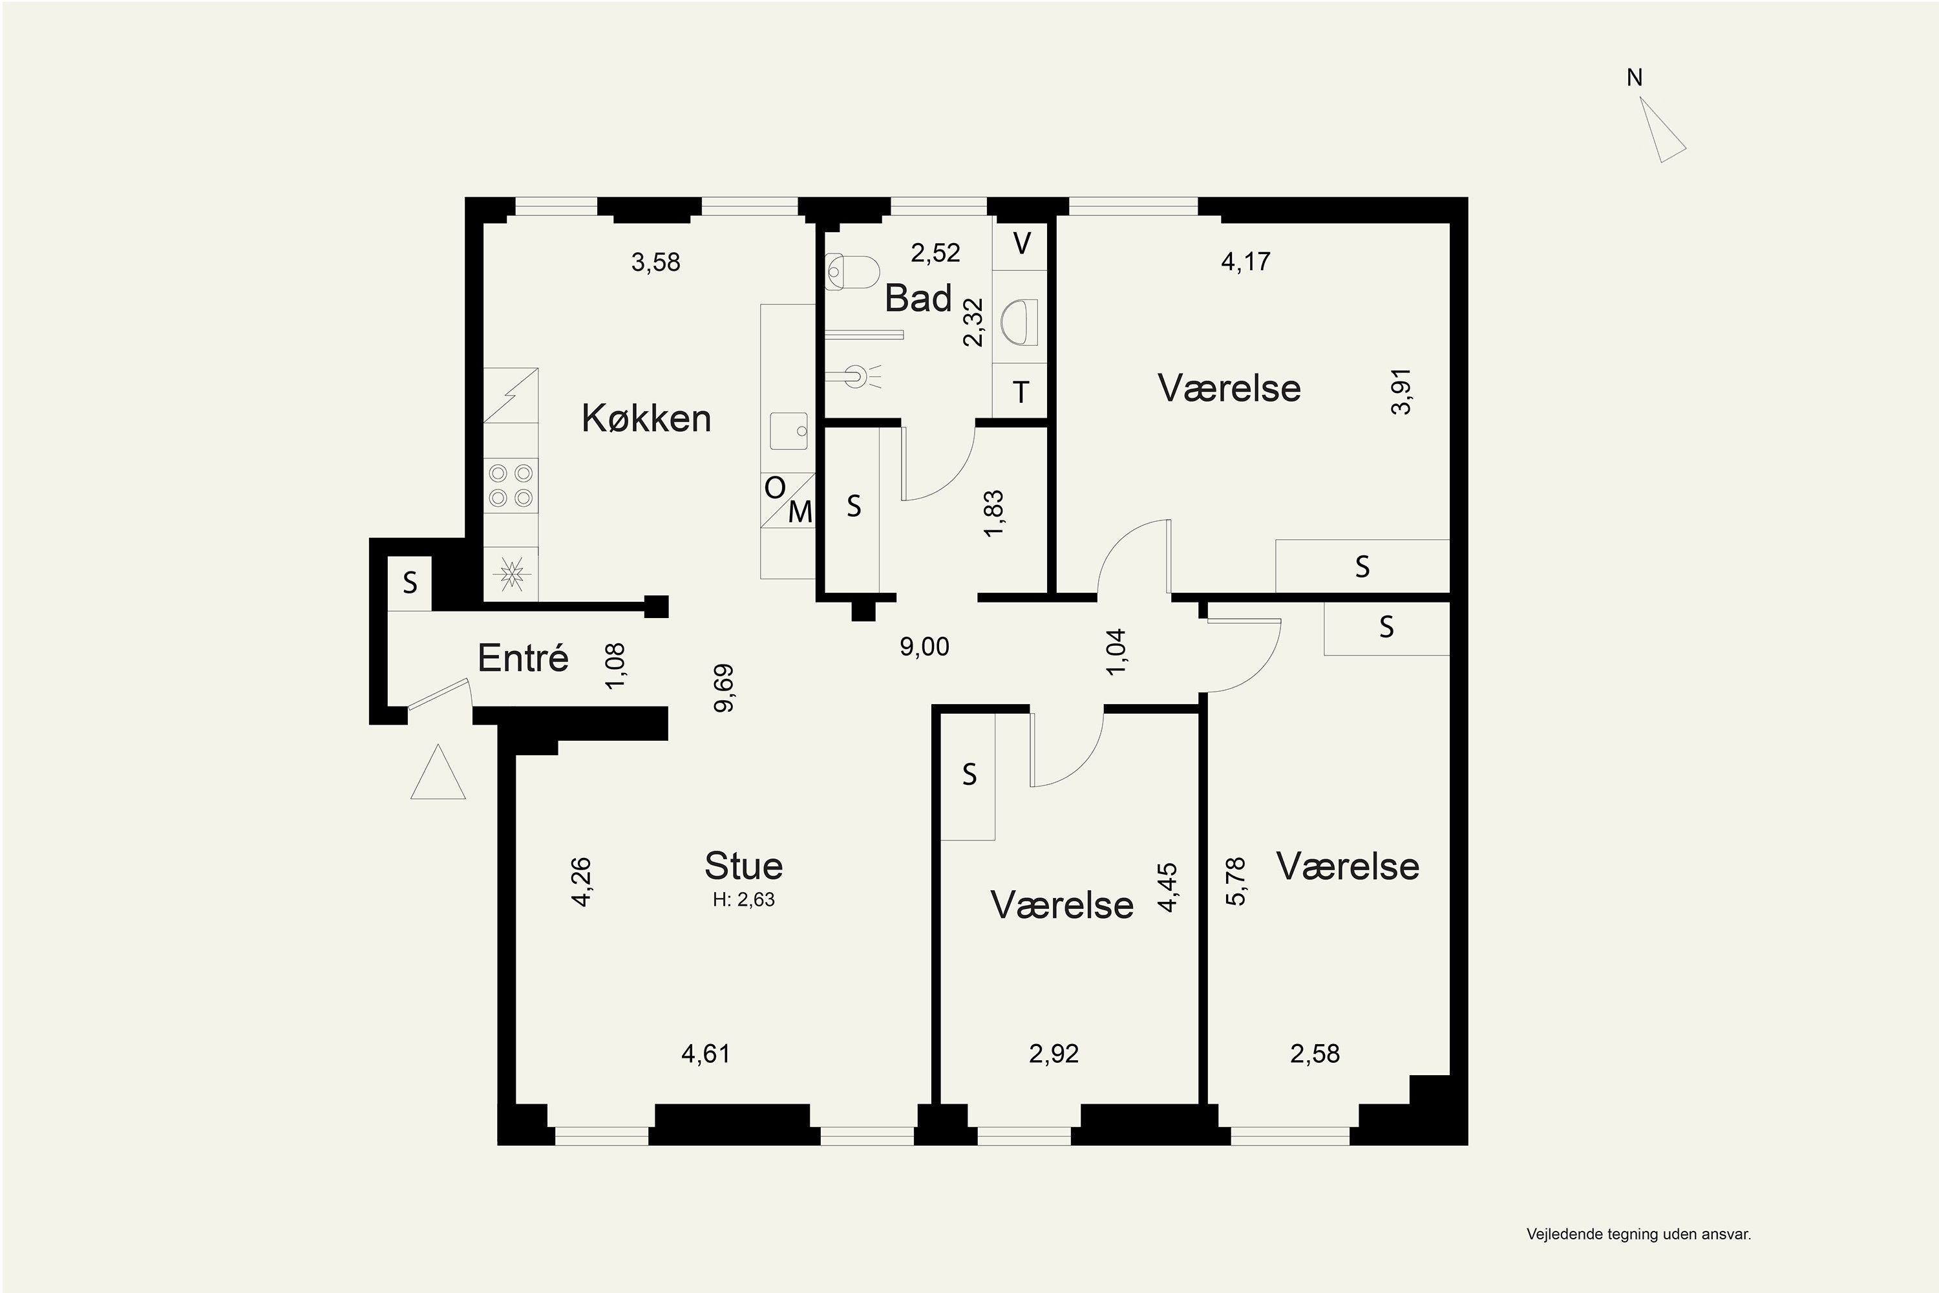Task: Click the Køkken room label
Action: click(x=646, y=418)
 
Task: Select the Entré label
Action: click(x=524, y=657)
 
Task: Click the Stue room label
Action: click(x=744, y=865)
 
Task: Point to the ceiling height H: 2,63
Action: click(x=744, y=900)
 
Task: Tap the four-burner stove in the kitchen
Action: click(x=511, y=486)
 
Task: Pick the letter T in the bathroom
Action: click(x=1021, y=392)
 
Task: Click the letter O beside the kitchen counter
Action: click(x=775, y=488)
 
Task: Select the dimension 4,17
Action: click(x=1245, y=261)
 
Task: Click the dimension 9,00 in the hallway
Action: click(x=924, y=646)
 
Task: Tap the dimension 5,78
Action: click(x=1236, y=882)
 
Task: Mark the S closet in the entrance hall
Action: click(x=410, y=584)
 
